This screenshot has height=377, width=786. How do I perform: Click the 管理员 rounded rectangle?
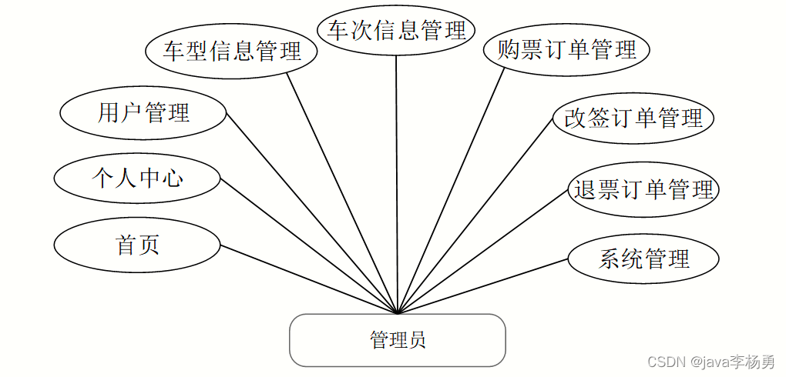tap(397, 339)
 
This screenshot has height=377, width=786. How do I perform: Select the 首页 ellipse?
tap(137, 245)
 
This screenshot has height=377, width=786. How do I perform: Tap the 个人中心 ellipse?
tap(137, 178)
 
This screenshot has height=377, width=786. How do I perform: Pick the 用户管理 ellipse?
tap(143, 113)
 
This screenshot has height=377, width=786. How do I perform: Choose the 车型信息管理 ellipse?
tap(232, 51)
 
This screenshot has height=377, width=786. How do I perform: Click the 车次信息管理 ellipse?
tap(396, 31)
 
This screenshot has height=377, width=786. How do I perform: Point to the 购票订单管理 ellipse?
tap(567, 50)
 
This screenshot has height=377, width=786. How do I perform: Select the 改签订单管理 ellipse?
tap(633, 118)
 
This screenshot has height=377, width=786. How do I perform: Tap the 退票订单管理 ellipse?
tap(643, 188)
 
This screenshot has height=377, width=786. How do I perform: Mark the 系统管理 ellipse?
tap(643, 259)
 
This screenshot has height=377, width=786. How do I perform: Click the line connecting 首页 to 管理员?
tap(308, 279)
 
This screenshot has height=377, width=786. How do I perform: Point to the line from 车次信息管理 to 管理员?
tap(397, 185)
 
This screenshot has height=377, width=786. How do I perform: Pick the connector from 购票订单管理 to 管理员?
tap(451, 191)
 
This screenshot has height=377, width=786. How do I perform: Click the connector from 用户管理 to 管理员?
tap(312, 214)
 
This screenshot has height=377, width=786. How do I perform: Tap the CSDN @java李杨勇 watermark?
tap(710, 362)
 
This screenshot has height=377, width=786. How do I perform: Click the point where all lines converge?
tap(398, 313)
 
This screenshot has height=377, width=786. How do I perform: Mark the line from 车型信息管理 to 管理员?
tap(343, 192)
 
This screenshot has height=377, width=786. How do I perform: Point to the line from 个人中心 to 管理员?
tap(308, 246)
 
